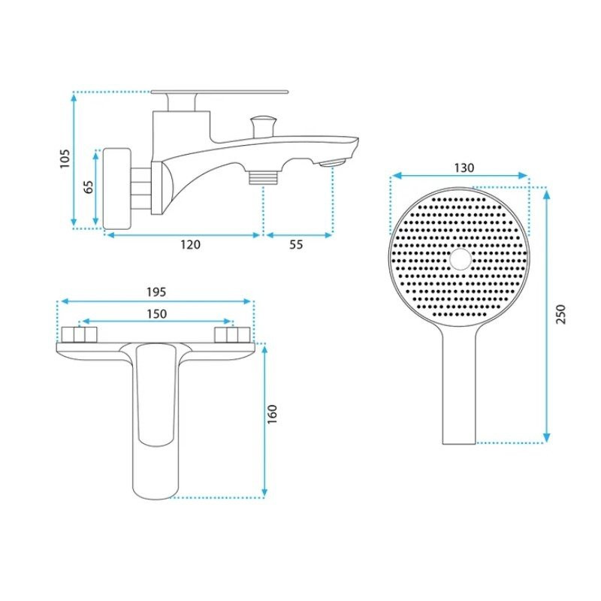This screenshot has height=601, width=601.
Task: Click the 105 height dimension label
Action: [x=65, y=159]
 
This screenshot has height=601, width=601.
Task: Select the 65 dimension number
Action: [x=89, y=187]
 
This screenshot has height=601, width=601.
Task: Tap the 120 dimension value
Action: [x=191, y=244]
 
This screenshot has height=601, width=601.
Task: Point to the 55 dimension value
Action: [x=296, y=244]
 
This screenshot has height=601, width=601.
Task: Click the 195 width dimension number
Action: [x=156, y=292]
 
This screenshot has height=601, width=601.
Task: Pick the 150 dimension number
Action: [x=157, y=314]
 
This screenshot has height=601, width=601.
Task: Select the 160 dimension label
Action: [x=272, y=414]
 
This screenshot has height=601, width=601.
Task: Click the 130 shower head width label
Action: [x=464, y=168]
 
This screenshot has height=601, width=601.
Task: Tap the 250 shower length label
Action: [x=560, y=314]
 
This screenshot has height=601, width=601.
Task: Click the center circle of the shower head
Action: [x=461, y=259]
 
